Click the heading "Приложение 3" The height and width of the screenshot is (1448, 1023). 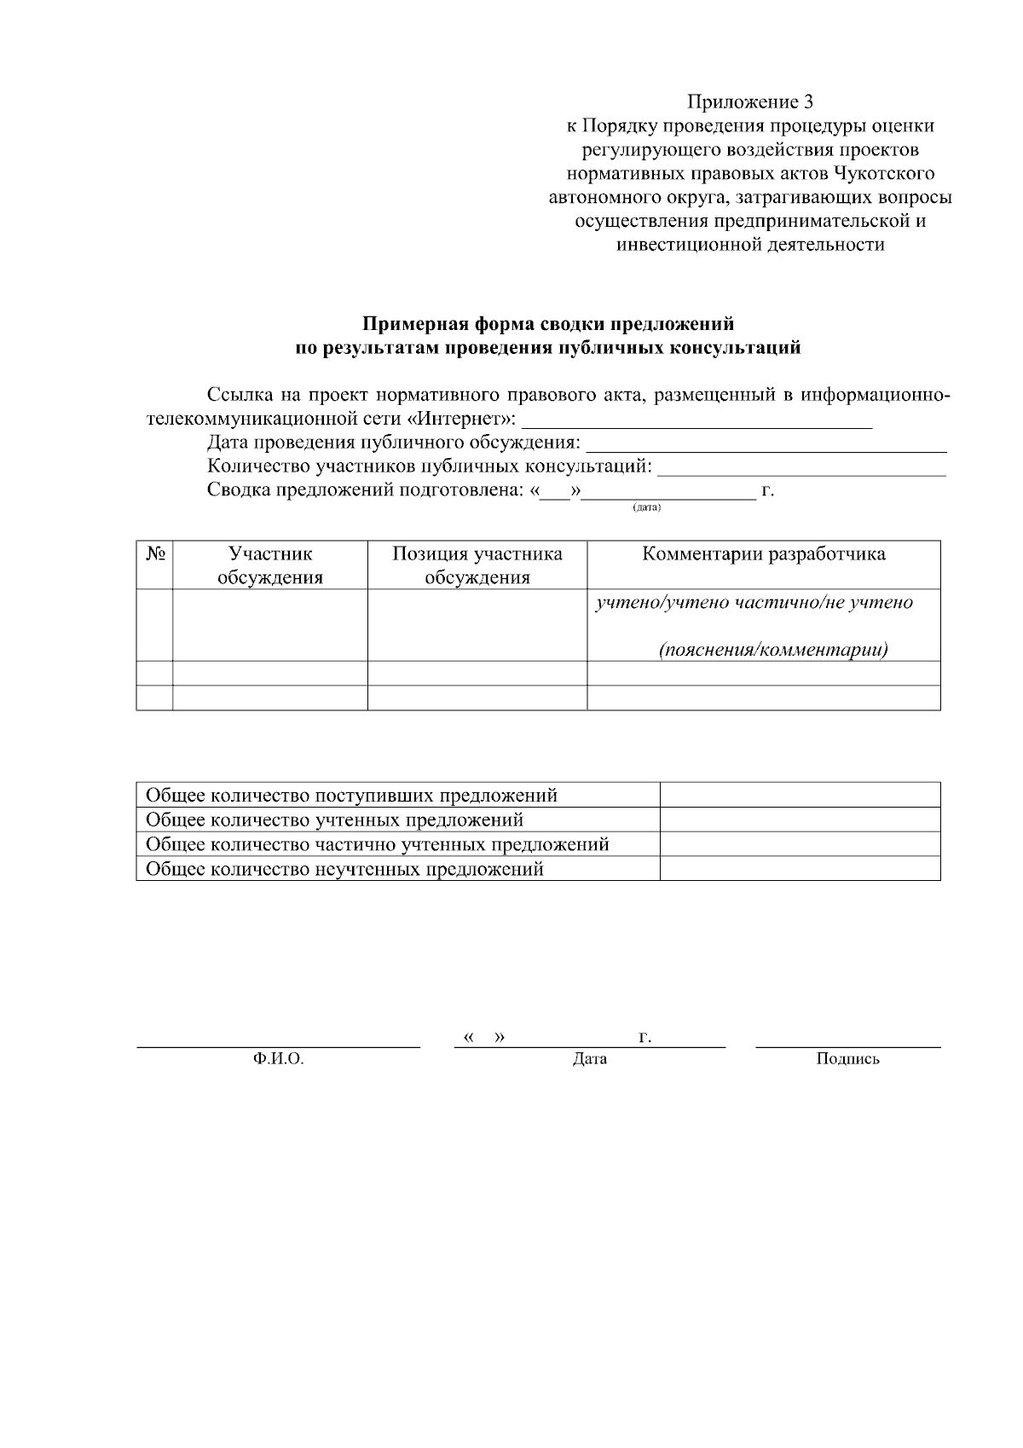[750, 103]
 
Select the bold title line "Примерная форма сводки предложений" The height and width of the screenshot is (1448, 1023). [548, 324]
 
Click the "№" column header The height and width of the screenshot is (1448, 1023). [154, 554]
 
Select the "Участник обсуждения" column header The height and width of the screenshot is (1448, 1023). [270, 565]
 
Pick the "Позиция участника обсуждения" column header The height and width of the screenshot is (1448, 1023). [477, 565]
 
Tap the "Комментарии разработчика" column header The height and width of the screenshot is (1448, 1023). [763, 554]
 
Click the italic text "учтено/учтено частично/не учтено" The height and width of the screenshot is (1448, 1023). [754, 603]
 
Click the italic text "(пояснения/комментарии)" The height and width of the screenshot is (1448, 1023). [773, 650]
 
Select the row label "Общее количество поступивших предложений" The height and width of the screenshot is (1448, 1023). [351, 796]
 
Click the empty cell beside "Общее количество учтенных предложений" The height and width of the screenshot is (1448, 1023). [800, 820]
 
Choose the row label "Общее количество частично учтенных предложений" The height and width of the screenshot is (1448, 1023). [378, 844]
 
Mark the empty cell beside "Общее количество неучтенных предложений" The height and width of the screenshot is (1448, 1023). [800, 869]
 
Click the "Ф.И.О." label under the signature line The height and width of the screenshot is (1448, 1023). [278, 1059]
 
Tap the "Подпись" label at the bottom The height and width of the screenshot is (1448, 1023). [847, 1059]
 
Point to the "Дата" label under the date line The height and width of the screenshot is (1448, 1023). [590, 1059]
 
